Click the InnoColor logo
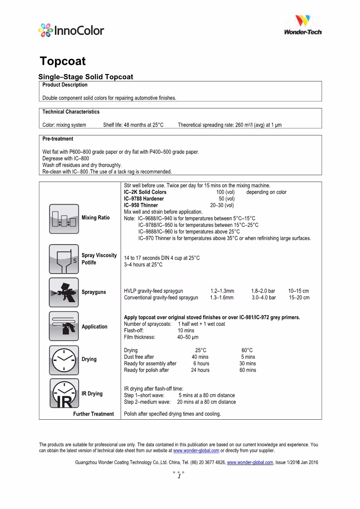point(71,30)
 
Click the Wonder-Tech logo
point(302,24)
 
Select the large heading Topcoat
point(63,61)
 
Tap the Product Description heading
point(65,85)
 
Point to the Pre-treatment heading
point(58,139)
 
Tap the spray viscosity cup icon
point(64,259)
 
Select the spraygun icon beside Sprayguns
point(64,292)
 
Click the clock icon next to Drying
point(64,360)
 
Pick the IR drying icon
point(64,394)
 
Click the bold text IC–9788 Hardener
point(144,199)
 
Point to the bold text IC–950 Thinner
point(141,205)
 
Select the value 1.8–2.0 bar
point(263,291)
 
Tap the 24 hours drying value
point(200,370)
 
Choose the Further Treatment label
point(93,414)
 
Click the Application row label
point(95,327)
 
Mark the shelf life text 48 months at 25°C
point(133,125)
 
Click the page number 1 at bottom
point(179,477)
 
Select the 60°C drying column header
point(247,351)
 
